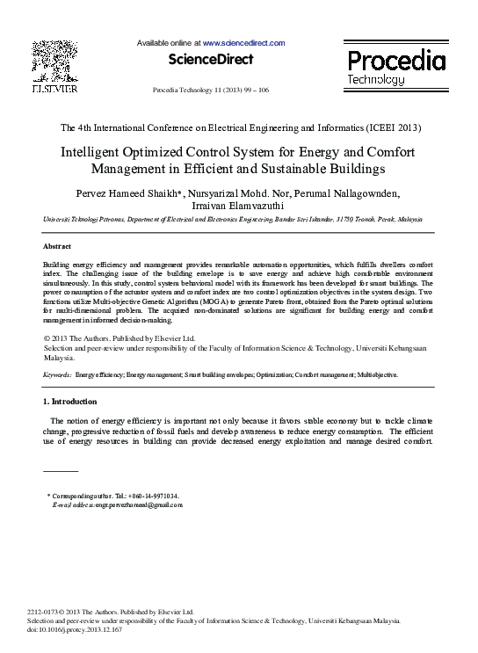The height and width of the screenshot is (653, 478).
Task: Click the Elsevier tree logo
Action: [52, 61]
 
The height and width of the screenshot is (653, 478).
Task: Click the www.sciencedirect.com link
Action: [243, 42]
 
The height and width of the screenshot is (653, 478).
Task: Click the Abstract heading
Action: [57, 246]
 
